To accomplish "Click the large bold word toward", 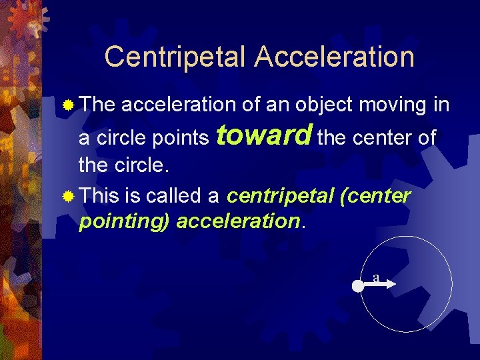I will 265,136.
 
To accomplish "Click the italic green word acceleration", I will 238,221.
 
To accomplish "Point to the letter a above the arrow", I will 376,278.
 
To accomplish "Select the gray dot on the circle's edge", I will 358,287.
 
